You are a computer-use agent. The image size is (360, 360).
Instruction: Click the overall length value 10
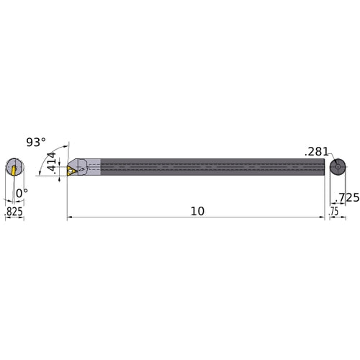(x=198, y=211)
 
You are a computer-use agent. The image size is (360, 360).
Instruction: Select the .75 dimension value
(x=334, y=212)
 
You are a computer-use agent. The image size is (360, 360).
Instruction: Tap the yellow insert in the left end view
(x=13, y=168)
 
